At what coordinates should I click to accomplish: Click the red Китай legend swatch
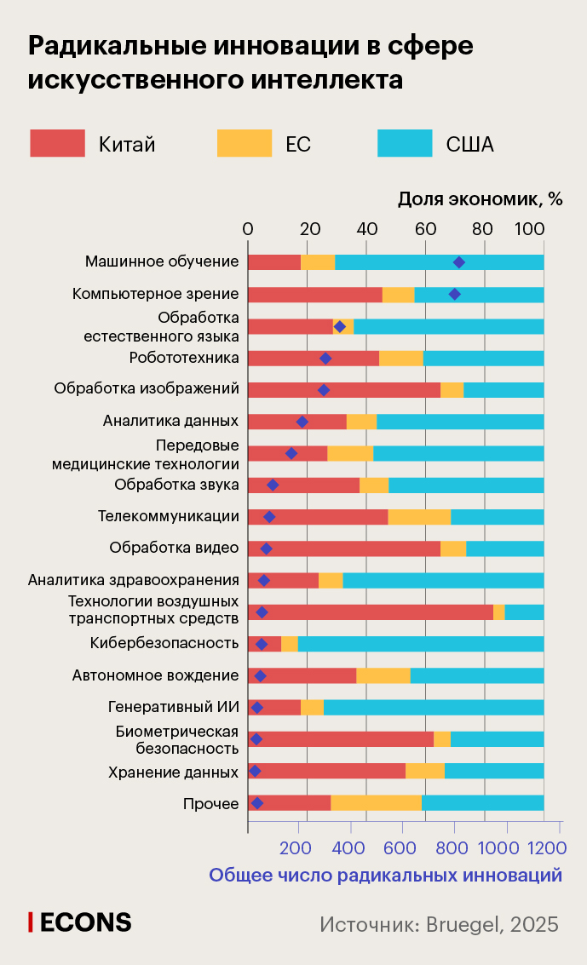[57, 143]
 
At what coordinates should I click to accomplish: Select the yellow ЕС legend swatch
[245, 143]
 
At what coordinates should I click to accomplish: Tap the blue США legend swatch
[405, 143]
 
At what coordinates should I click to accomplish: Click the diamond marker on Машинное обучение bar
[459, 262]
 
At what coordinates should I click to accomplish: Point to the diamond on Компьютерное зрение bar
[454, 295]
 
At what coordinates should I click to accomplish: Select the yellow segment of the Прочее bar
[376, 802]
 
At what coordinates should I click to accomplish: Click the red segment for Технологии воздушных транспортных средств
[370, 612]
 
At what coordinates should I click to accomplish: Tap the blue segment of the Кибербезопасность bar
[420, 644]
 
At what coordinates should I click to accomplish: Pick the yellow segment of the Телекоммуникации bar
[419, 517]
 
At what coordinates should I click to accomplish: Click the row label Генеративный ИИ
[173, 707]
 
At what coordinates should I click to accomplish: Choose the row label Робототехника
[183, 357]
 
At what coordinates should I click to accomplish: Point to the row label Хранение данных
[173, 773]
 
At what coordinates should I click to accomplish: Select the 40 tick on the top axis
[366, 228]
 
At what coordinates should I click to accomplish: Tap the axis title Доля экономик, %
[481, 199]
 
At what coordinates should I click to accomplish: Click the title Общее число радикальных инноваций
[385, 875]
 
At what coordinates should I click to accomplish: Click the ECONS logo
[80, 922]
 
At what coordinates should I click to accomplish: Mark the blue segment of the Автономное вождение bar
[476, 675]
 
